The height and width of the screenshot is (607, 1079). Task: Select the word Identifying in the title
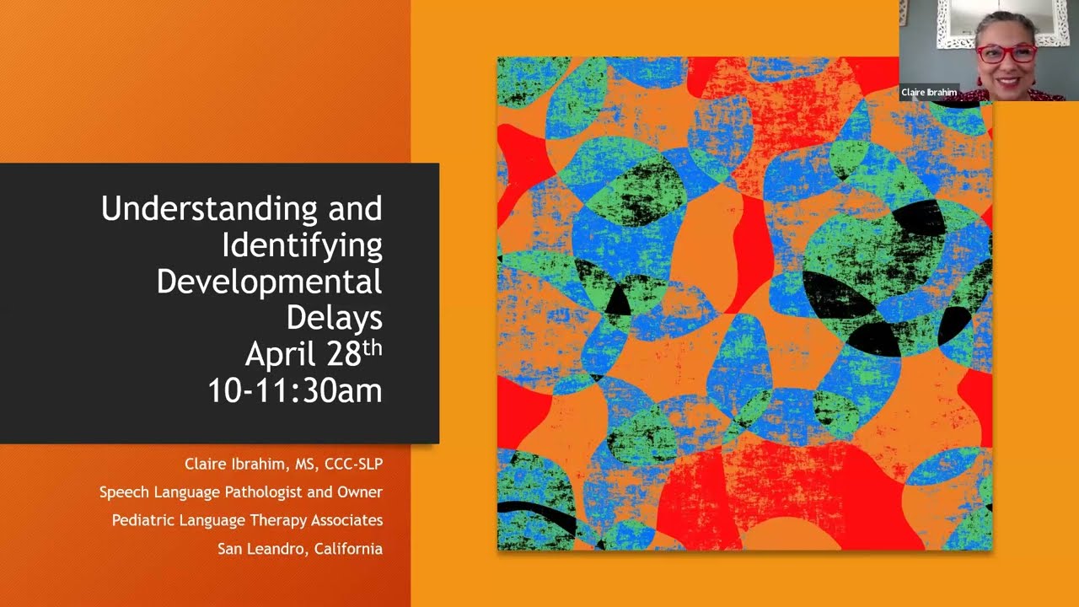click(302, 245)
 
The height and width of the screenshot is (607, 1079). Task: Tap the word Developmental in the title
click(269, 282)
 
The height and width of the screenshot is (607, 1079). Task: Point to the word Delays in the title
click(334, 318)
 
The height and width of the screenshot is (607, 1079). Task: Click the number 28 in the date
click(344, 355)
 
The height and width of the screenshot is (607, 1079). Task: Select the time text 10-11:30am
click(295, 391)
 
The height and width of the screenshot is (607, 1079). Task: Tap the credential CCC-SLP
click(353, 464)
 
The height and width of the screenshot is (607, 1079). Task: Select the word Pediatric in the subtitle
click(144, 520)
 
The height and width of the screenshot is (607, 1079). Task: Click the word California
click(348, 549)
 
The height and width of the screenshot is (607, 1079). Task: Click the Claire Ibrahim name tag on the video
click(929, 93)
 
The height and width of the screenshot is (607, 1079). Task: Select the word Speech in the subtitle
click(124, 492)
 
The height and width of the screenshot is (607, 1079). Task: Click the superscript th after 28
click(373, 346)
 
